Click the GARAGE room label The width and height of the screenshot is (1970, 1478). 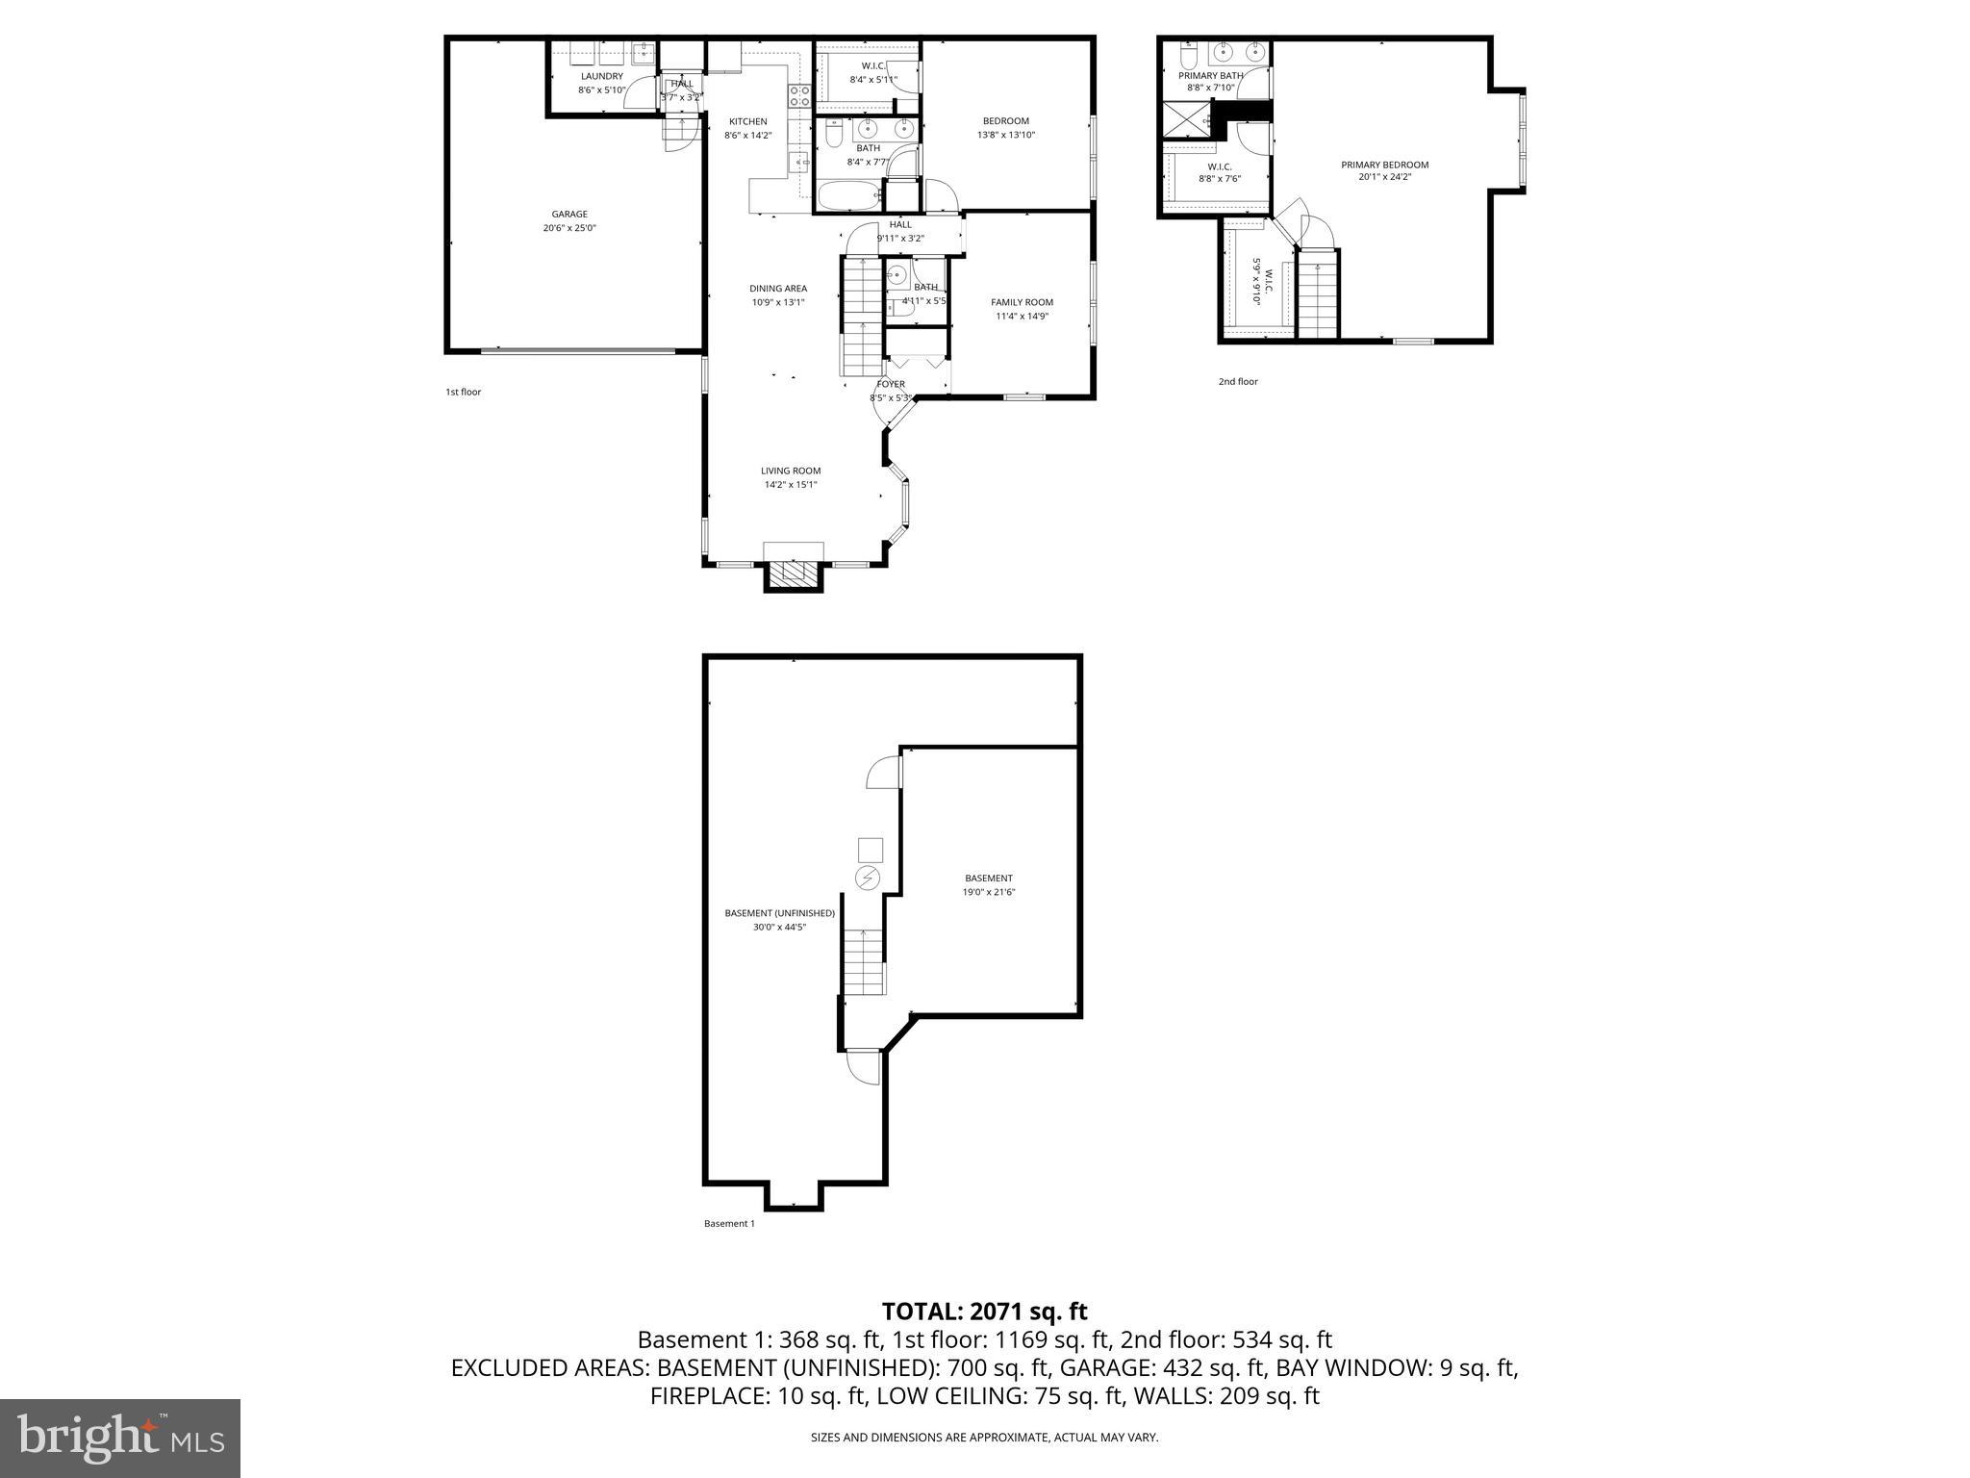pos(568,215)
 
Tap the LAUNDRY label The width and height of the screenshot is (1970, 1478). pos(601,76)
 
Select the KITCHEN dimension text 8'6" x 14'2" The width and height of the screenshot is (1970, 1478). pos(747,136)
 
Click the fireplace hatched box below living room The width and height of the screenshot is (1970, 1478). pos(794,574)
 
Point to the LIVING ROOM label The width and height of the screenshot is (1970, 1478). pos(791,471)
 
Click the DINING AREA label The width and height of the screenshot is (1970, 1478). pos(778,289)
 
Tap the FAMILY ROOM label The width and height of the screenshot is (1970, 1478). pos(1022,302)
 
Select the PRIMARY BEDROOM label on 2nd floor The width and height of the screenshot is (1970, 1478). pos(1384,165)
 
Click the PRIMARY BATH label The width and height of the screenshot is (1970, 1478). pos(1210,75)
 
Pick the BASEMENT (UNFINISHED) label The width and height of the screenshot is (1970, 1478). pos(779,913)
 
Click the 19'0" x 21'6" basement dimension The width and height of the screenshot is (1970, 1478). pos(988,892)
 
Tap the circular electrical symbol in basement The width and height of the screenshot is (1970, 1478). pos(869,878)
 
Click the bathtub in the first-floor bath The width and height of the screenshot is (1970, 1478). pos(849,196)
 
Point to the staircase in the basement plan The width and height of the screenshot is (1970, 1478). pos(864,962)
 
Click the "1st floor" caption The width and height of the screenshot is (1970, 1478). pos(463,393)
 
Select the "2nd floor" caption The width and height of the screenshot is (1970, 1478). pos(1238,382)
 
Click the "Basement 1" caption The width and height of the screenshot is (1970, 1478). pos(729,1224)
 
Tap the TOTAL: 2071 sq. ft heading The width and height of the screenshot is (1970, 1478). pos(984,1311)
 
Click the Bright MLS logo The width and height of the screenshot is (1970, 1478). pos(120,1438)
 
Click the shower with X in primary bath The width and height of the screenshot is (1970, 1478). pos(1187,120)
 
